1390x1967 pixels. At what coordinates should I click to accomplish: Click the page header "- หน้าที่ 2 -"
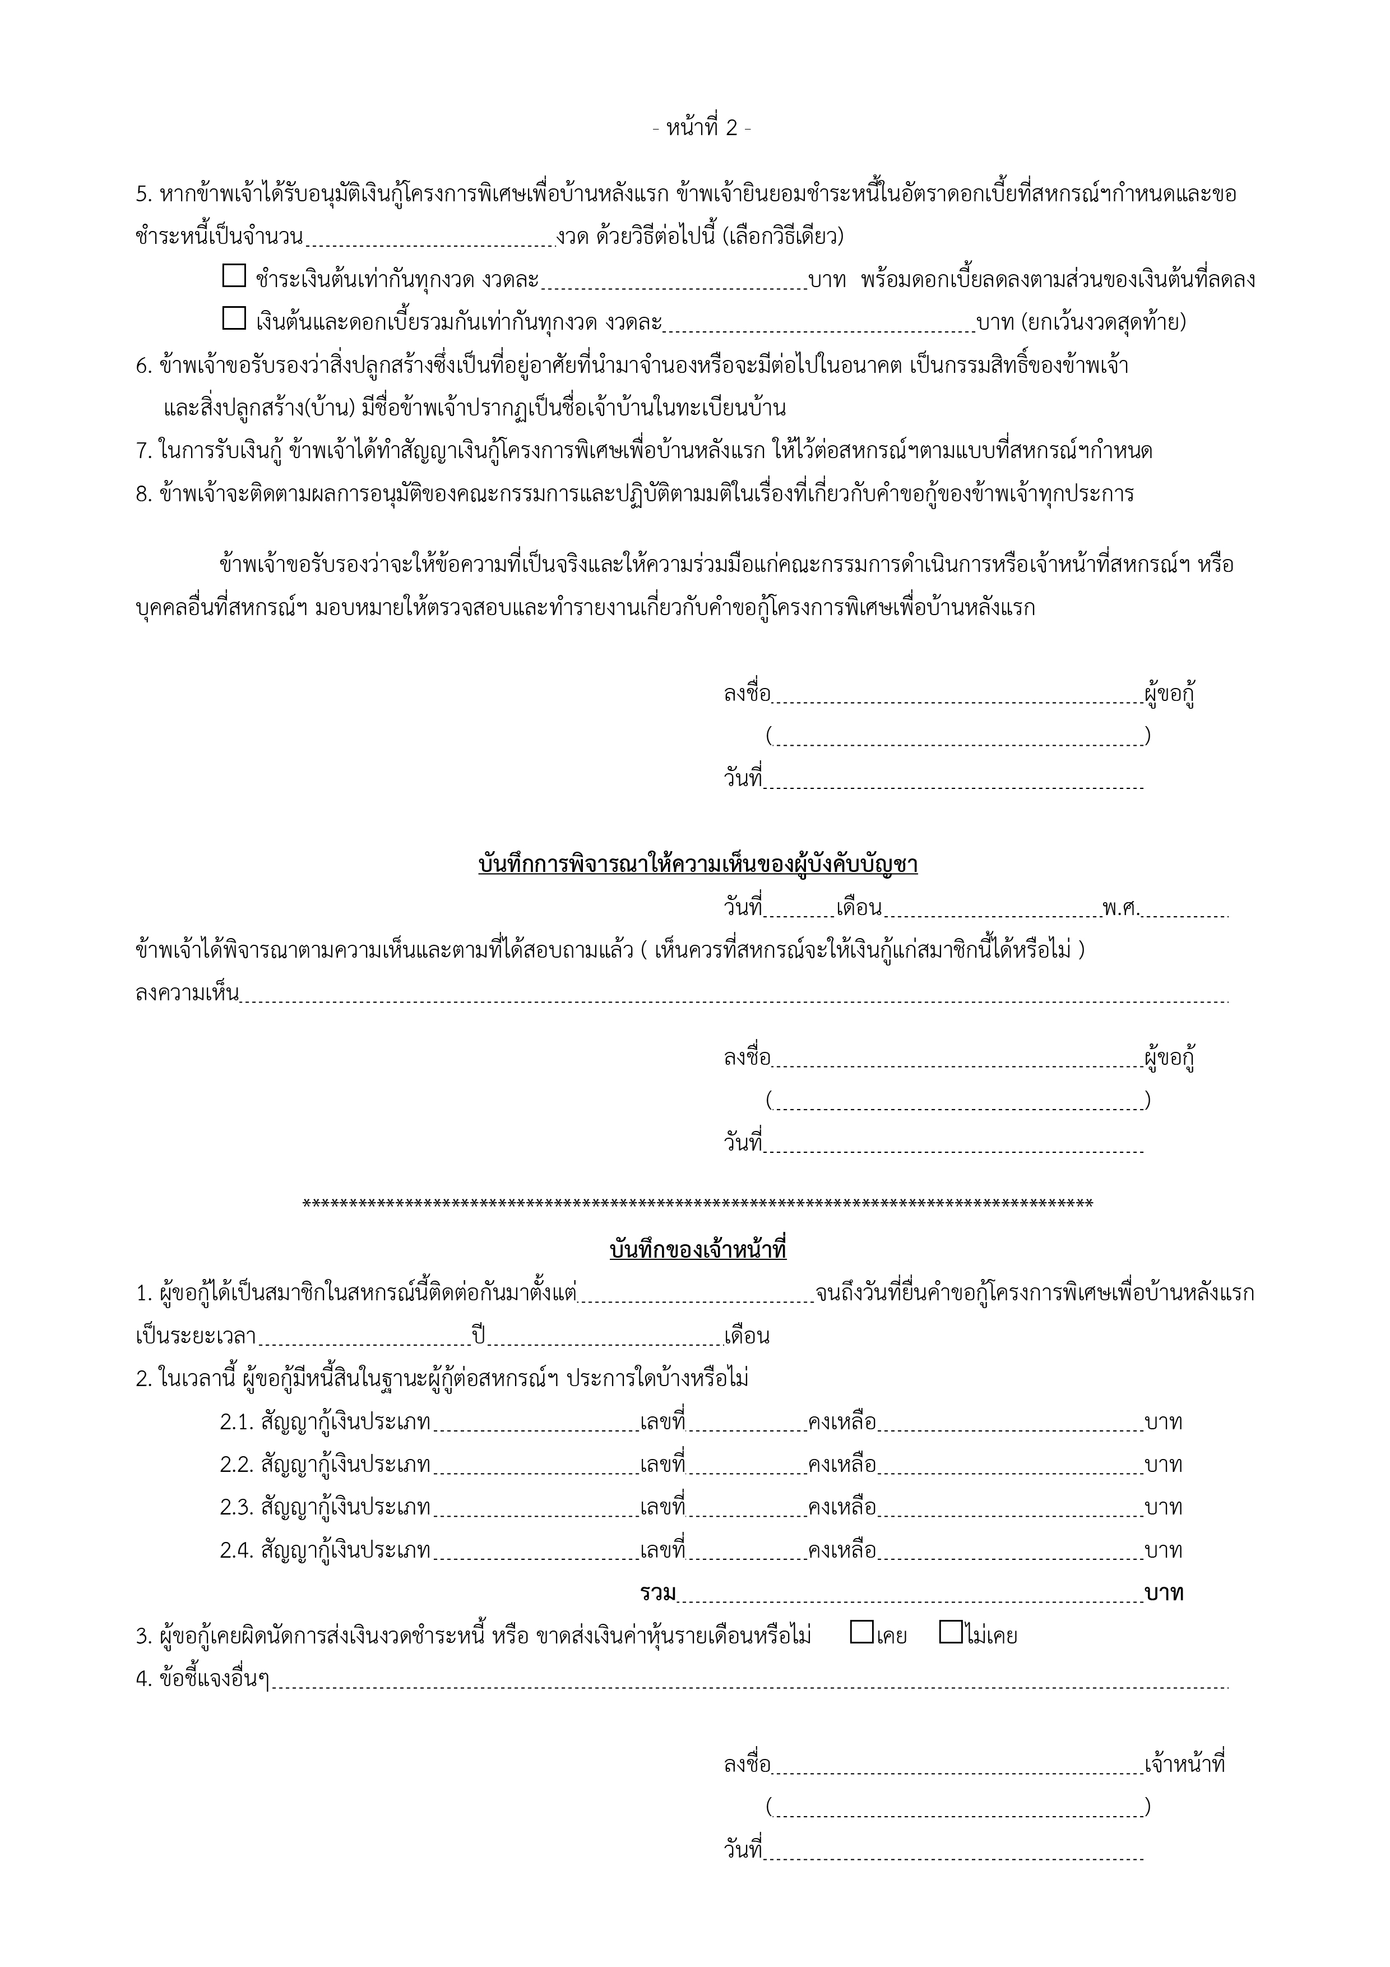pyautogui.click(x=701, y=128)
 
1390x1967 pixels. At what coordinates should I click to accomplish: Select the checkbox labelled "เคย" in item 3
pyautogui.click(x=861, y=1632)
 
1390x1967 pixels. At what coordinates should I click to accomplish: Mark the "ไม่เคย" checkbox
pyautogui.click(x=950, y=1632)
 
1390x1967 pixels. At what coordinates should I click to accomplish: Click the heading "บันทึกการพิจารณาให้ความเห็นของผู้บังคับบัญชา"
pyautogui.click(x=698, y=865)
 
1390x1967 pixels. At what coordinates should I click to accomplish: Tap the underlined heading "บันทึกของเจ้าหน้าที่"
pyautogui.click(x=698, y=1250)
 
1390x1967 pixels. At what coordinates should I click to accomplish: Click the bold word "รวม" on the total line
pyautogui.click(x=658, y=1592)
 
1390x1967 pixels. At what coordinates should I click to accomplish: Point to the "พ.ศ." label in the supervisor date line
pyautogui.click(x=1120, y=908)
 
